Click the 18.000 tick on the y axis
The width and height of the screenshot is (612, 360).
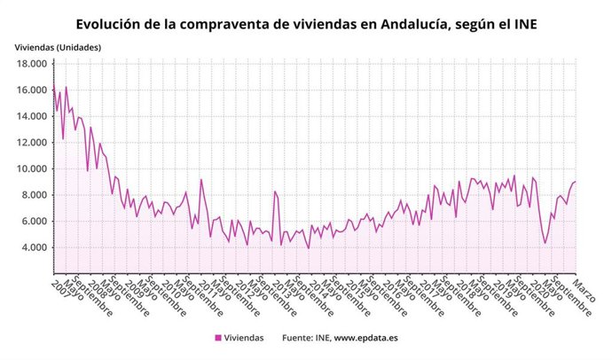31,64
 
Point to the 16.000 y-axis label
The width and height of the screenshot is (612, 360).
31,90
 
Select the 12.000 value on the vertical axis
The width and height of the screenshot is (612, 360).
31,142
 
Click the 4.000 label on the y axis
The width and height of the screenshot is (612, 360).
34,247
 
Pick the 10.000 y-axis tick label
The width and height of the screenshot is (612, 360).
31,168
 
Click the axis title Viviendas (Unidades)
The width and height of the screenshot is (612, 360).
58,46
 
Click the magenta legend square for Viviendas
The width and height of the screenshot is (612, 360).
218,338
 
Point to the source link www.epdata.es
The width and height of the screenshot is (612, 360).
365,338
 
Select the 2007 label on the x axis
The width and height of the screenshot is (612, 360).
60,287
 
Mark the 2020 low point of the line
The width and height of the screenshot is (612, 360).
545,243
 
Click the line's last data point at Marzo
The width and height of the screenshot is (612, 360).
576,182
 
